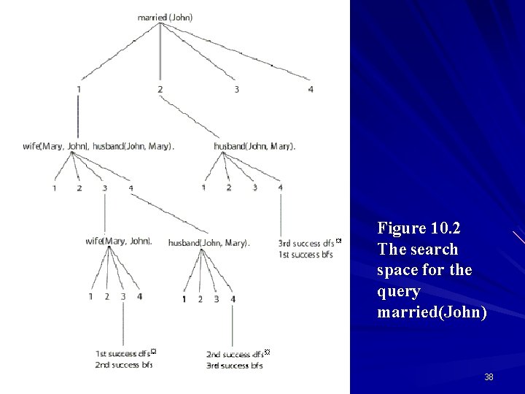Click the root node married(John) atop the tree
165,17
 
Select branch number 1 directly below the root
77,90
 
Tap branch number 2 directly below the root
160,90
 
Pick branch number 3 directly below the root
236,90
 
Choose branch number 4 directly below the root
311,90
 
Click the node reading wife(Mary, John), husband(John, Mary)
98,146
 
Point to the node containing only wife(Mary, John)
118,241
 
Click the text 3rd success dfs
306,243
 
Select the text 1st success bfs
306,255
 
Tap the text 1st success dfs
122,354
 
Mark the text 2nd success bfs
124,365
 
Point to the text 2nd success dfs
234,354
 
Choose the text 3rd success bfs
234,365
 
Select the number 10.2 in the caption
446,228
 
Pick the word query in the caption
399,291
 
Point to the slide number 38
489,377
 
